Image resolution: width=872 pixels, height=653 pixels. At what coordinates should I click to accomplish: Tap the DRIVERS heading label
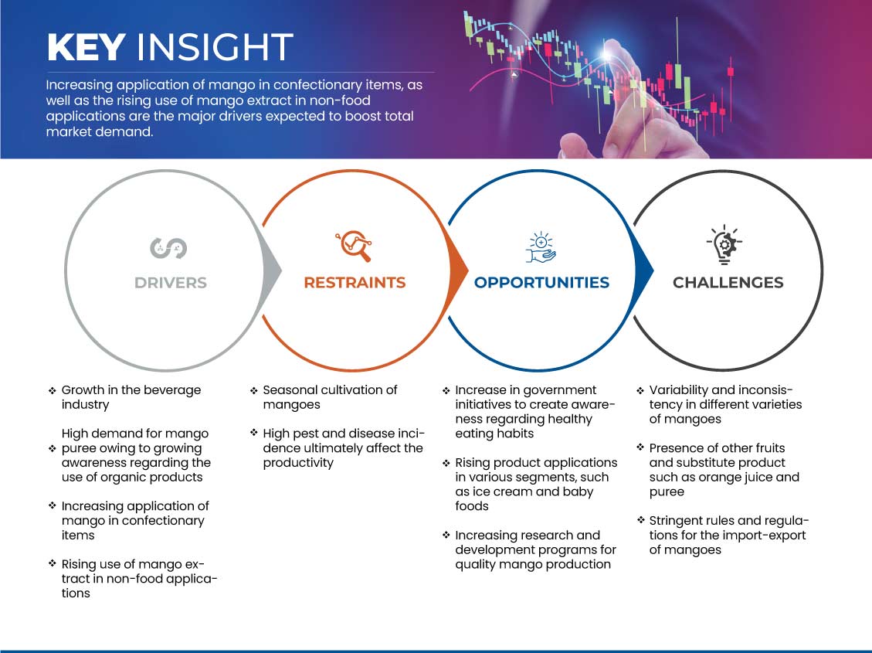coord(170,283)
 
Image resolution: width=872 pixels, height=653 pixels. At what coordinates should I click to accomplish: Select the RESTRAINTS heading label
coord(355,283)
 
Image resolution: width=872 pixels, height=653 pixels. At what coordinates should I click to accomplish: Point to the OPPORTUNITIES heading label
coord(541,283)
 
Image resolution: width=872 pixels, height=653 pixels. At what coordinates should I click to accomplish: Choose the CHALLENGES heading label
coord(728,283)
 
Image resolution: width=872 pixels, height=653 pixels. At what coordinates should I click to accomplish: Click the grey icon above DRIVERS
coord(168,248)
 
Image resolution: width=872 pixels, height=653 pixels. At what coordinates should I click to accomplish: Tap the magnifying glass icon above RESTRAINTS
coord(354,245)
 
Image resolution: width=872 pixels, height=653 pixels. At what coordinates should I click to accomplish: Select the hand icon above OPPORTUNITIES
coord(541,247)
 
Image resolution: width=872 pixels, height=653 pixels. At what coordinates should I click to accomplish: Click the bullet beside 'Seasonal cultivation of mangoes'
coord(253,391)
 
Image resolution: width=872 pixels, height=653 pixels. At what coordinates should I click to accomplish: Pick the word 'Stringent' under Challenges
coord(677,521)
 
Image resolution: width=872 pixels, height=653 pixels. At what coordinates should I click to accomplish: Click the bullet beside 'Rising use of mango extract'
coord(53,563)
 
